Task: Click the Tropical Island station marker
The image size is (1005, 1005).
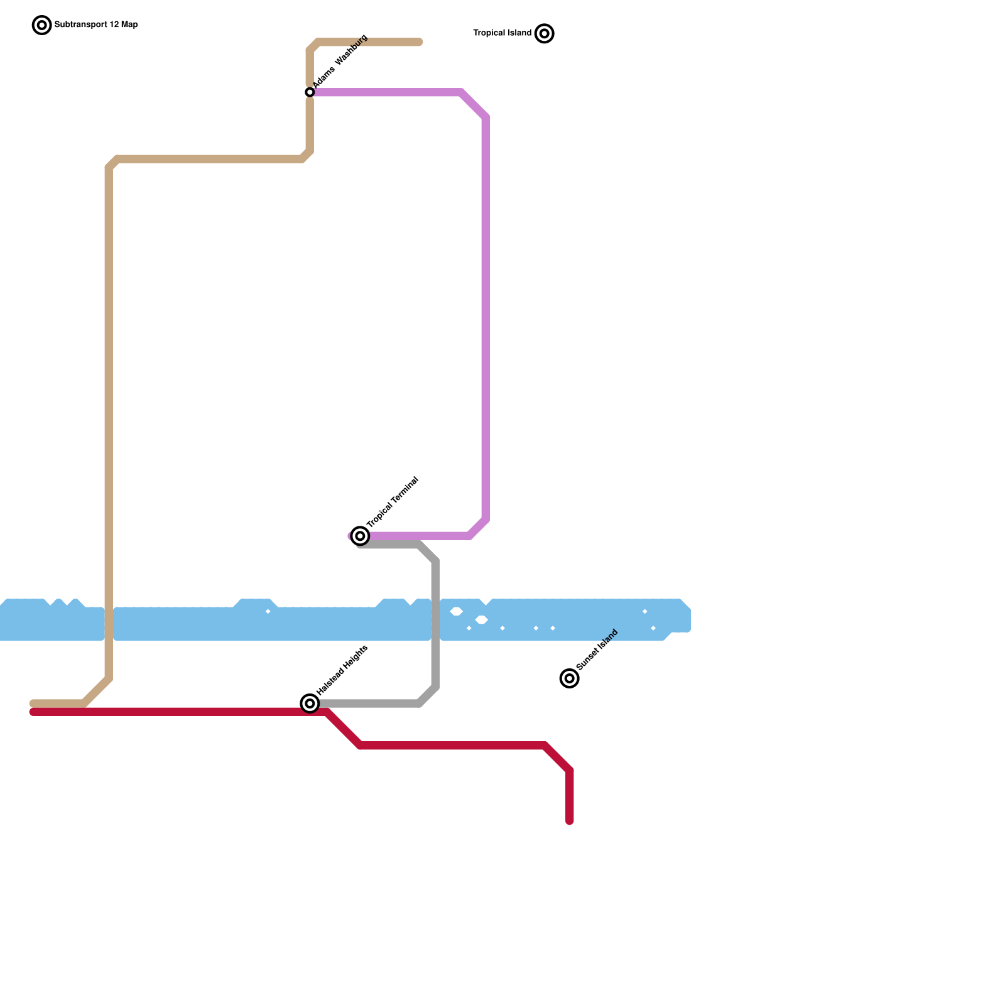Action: point(545,33)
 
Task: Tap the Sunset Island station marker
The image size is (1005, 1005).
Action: point(569,678)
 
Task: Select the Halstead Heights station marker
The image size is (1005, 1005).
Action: point(310,703)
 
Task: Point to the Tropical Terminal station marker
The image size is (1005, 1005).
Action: point(360,536)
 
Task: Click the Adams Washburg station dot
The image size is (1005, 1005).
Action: point(310,92)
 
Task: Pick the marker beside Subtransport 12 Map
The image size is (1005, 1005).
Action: point(41,25)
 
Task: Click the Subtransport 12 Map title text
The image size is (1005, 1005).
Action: point(96,25)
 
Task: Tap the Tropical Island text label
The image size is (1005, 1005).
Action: point(502,33)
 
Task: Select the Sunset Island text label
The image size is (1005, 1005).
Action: point(597,649)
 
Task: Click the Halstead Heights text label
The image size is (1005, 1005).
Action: point(342,670)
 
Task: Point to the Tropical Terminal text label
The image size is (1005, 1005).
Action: point(393,503)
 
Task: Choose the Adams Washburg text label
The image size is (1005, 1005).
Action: point(340,60)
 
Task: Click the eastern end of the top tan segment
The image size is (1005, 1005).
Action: point(419,42)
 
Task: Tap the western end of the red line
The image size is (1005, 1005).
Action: point(33,712)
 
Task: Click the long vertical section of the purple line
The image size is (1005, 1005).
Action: point(486,314)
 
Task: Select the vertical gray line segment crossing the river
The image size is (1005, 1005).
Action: point(435,622)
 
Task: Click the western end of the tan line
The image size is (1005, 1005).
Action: point(33,703)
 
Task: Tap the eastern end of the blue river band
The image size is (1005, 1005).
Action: point(688,619)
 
